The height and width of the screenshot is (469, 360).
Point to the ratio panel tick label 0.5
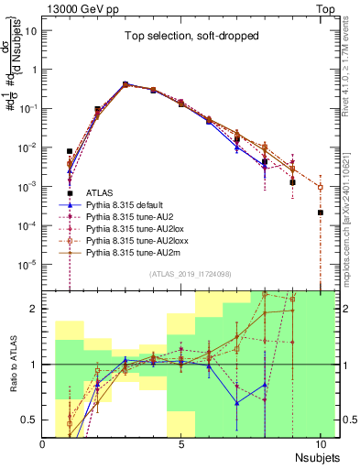31,420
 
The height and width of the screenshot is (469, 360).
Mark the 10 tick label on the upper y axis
31,29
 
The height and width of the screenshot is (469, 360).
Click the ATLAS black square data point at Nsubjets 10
321,213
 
